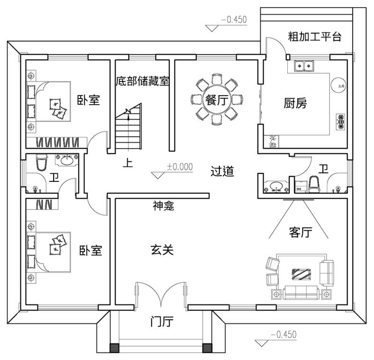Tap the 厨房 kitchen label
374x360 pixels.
(x=295, y=103)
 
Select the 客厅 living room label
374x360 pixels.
(x=300, y=233)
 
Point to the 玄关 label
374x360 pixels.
(x=162, y=250)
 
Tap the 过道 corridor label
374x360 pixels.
(x=222, y=171)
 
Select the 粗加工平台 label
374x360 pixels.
(x=315, y=37)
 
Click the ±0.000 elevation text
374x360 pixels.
(x=180, y=167)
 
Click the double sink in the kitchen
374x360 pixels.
(x=302, y=65)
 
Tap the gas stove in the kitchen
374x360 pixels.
(x=340, y=122)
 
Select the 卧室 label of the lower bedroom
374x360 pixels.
(x=91, y=250)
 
